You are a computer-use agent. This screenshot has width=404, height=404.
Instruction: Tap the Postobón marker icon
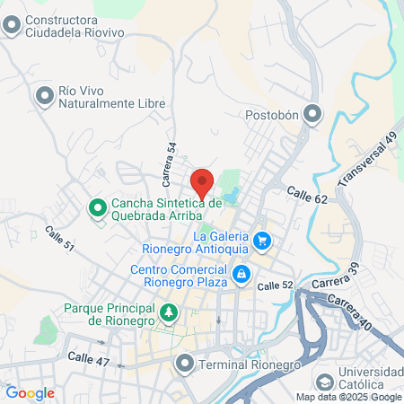pos(312,114)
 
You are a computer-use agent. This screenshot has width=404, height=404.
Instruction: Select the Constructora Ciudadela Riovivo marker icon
pos(13,27)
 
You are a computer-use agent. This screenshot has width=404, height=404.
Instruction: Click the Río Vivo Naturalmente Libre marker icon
pos(43,94)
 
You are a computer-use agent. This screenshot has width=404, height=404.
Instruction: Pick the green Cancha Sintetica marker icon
pos(98,209)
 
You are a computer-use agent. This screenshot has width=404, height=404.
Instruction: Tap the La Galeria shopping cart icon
pos(262,240)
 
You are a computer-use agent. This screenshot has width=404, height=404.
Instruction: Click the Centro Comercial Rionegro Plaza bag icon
pos(241,273)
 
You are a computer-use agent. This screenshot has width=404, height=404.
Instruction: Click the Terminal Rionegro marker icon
pos(185,364)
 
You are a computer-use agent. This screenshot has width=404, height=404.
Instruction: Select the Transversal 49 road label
pos(366,161)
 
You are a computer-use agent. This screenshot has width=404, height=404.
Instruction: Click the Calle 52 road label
pos(275,285)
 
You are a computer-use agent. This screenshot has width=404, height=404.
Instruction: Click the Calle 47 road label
pos(88,357)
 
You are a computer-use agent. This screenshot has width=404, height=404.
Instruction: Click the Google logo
pos(30,392)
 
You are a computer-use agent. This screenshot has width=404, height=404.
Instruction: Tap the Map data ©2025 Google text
pos(349,397)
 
